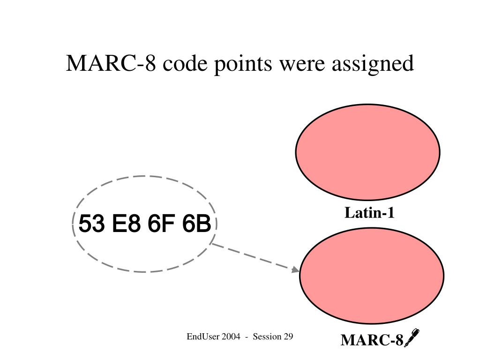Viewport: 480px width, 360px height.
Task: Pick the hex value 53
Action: (92, 224)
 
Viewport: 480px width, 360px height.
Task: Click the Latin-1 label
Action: (369, 213)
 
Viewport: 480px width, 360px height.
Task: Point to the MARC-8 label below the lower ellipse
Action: (372, 340)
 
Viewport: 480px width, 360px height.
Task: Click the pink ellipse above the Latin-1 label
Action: (367, 151)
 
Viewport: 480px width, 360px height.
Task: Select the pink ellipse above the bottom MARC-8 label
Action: (372, 276)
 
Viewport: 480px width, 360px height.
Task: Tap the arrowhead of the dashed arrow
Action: (295, 270)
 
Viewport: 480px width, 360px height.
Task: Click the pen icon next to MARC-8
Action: (411, 337)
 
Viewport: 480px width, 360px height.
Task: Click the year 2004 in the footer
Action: (232, 337)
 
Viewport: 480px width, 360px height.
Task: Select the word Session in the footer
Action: (267, 337)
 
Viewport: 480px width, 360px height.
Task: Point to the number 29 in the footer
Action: (288, 337)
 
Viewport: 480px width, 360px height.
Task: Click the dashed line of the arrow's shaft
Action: (253, 256)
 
